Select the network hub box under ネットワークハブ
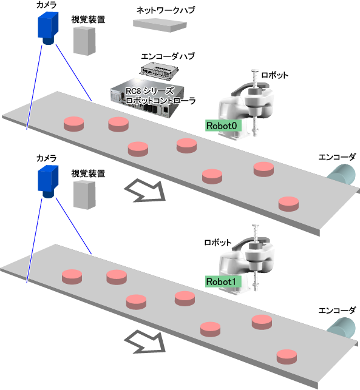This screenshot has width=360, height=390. click(160, 25)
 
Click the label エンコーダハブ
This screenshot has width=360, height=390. click(168, 56)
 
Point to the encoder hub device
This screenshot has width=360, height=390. click(159, 71)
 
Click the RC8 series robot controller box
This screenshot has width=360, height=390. click(147, 98)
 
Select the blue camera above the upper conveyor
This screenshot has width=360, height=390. click(48, 28)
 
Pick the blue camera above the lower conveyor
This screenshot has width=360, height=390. click(48, 181)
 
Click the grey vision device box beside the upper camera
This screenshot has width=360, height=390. click(84, 41)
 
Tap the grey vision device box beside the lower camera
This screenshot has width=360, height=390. click(84, 195)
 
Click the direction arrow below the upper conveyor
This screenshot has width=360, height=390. click(145, 191)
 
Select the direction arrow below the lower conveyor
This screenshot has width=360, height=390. click(145, 341)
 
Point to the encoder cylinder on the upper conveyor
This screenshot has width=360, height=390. click(342, 174)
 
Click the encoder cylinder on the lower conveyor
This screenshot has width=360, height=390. click(342, 328)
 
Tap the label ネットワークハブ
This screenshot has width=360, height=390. click(166, 10)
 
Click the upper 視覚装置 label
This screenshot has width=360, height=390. click(88, 19)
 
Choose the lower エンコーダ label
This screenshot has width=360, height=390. click(337, 311)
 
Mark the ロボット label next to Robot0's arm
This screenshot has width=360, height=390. click(274, 75)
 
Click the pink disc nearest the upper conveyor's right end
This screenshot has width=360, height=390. click(288, 204)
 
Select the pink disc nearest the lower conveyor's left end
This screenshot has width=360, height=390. click(72, 277)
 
